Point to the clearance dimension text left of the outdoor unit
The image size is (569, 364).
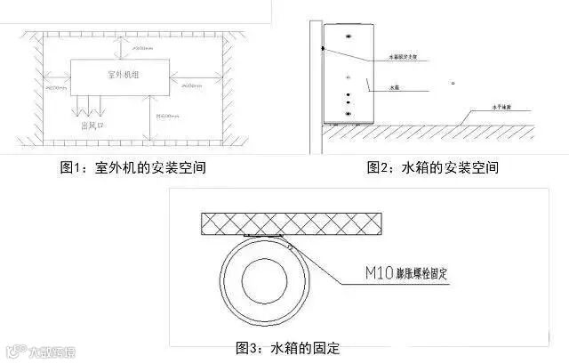point(56,89)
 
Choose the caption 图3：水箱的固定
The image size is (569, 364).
point(287,346)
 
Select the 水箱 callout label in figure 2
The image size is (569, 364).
point(396,88)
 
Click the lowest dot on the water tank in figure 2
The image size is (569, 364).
point(348,113)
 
